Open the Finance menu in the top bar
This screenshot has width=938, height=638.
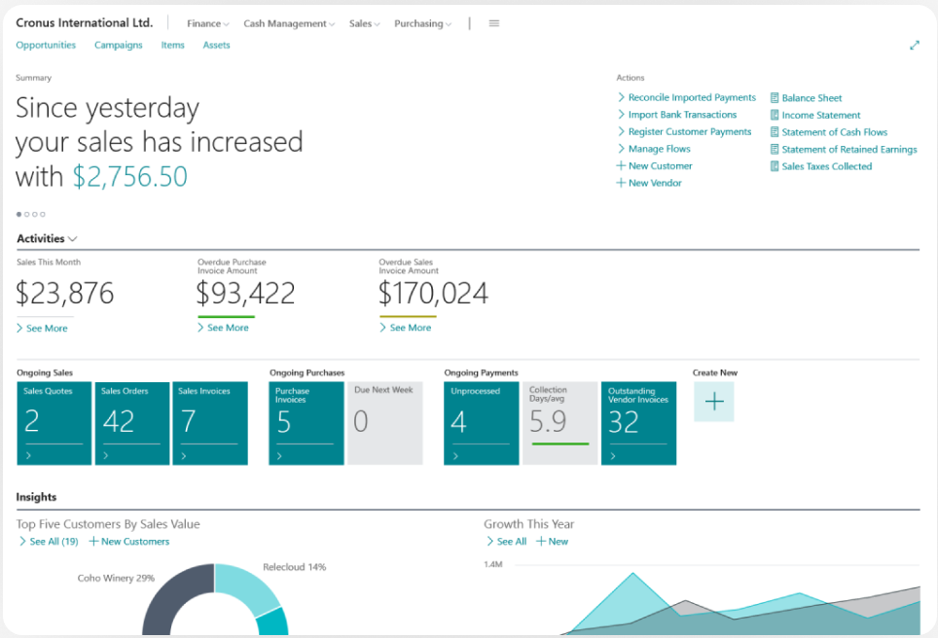coord(207,23)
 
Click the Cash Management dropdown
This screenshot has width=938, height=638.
coord(288,23)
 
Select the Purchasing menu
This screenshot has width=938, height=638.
coord(422,23)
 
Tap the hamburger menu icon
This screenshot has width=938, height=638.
coord(494,23)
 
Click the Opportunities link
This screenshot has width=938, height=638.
coord(46,45)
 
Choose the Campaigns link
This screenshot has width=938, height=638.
coord(119,45)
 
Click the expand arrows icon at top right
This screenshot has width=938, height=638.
coord(914,45)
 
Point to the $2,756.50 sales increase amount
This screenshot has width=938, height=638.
coord(130,177)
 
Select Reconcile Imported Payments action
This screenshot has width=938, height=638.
coord(691,97)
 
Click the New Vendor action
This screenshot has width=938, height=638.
coord(654,183)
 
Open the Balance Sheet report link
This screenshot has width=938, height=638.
coord(812,98)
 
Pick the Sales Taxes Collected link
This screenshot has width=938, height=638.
coord(826,166)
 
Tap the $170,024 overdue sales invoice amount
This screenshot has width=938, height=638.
coord(433,293)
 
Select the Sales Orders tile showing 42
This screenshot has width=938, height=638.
coord(132,423)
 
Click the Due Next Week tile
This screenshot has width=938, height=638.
coord(385,423)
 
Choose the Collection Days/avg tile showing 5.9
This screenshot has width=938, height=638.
coord(560,423)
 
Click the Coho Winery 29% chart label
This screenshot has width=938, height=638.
coord(116,578)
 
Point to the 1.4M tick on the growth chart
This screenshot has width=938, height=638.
coord(492,564)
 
